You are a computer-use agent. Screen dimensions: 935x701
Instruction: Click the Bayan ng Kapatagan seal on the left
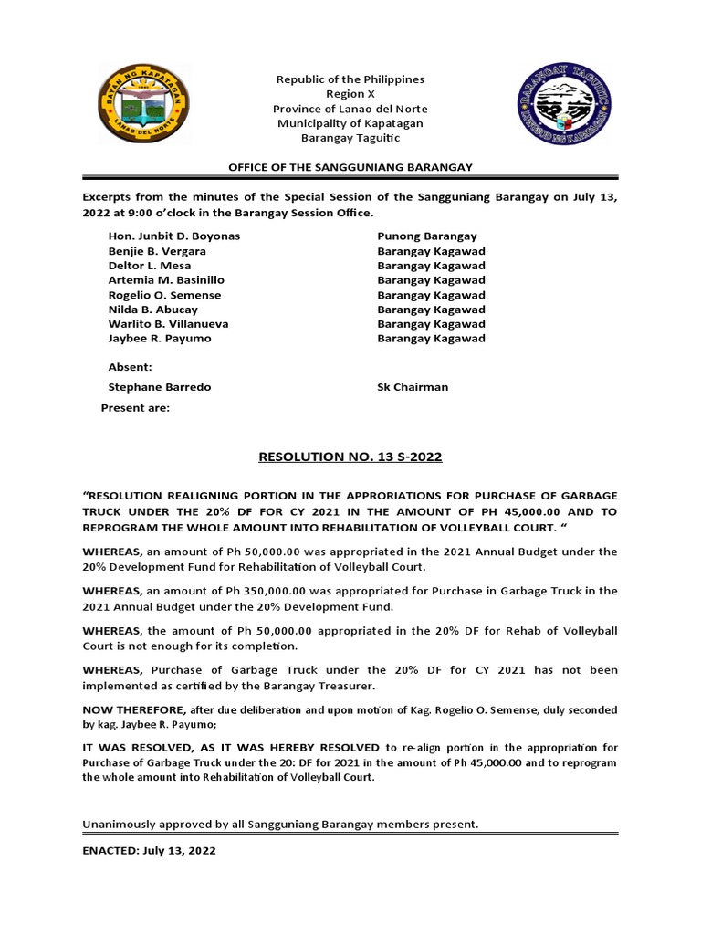point(138,110)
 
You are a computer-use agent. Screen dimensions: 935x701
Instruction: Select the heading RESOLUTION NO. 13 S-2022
point(350,456)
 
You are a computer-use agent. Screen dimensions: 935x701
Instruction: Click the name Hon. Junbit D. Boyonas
point(174,236)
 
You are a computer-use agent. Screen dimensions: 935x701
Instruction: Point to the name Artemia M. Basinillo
point(166,280)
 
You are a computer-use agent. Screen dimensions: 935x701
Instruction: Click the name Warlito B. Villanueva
point(168,324)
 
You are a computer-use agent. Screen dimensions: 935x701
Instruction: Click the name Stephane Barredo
point(160,387)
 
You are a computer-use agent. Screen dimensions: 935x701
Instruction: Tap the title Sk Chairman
point(413,387)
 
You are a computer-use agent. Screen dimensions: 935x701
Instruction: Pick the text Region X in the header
point(350,94)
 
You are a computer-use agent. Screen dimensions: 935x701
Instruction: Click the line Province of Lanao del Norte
point(350,109)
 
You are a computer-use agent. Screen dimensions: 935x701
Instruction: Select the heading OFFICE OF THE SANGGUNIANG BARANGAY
point(350,166)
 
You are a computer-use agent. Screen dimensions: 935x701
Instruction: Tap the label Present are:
point(135,408)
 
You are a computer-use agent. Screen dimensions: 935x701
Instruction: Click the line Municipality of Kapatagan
point(350,123)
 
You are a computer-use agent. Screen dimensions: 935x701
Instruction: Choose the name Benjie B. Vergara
point(157,251)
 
